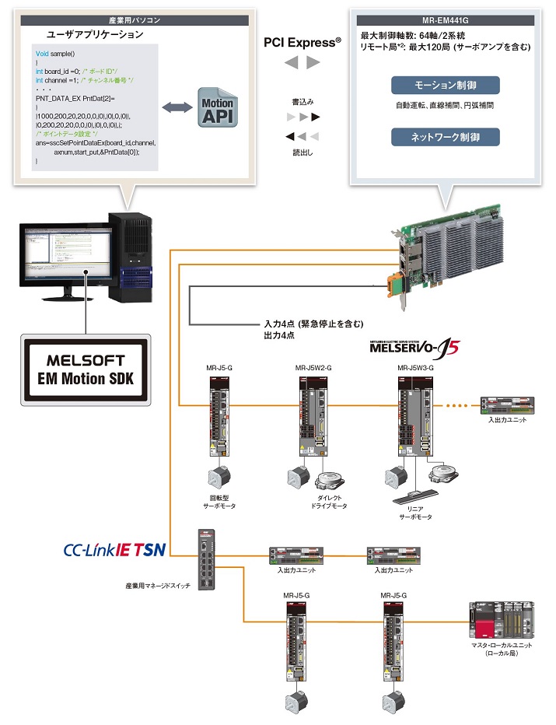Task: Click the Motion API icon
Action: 219,108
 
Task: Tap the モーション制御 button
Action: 445,86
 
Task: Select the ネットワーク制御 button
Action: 445,137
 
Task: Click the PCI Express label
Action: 303,43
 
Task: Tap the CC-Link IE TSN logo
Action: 114,551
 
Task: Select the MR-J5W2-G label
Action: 313,368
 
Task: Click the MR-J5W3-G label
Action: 415,368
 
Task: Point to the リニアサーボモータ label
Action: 415,511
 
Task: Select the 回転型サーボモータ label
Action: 219,501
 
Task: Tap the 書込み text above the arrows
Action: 302,102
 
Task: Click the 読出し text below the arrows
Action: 302,152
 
